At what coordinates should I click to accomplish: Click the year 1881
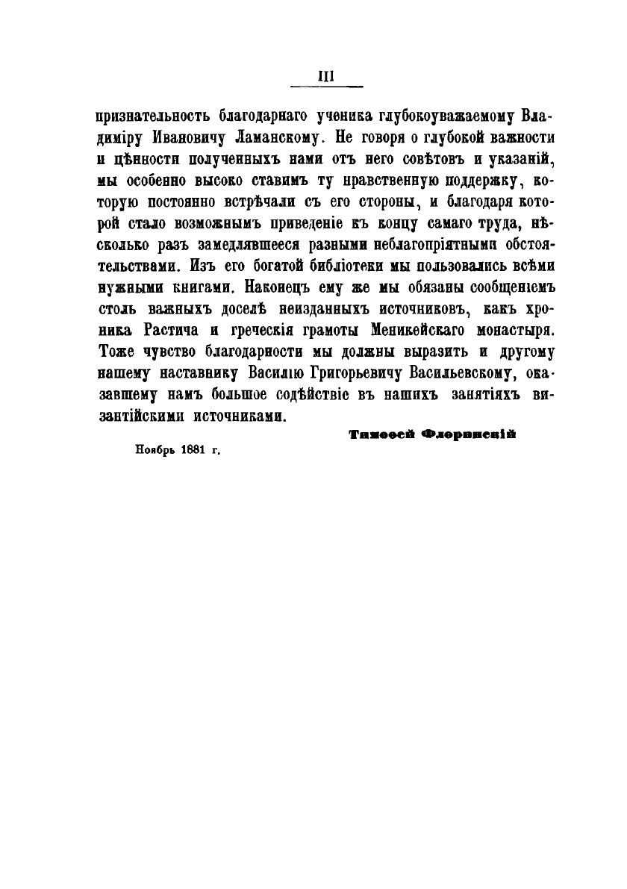[193, 451]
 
